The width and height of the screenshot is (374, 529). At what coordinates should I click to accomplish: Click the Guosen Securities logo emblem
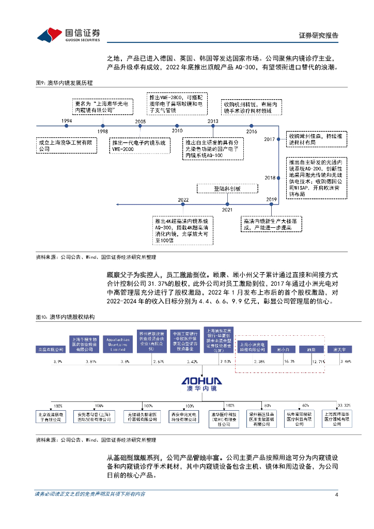(x=50, y=34)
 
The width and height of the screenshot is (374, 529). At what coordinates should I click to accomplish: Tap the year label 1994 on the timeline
(x=66, y=120)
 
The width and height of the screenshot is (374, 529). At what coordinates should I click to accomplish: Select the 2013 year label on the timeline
(x=213, y=120)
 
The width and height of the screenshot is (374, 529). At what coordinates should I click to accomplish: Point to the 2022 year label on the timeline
(x=183, y=199)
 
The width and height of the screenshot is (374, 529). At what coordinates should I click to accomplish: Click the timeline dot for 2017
(x=279, y=139)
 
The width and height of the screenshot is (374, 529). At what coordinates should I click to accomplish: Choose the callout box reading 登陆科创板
(x=227, y=189)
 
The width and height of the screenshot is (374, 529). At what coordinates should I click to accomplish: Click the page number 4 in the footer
(x=336, y=495)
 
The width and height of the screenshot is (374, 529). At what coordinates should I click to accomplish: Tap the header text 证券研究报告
(x=318, y=36)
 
